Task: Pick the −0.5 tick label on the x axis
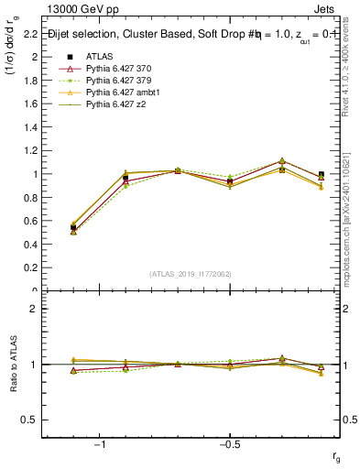[229, 443]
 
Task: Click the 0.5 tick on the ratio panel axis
[29, 420]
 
